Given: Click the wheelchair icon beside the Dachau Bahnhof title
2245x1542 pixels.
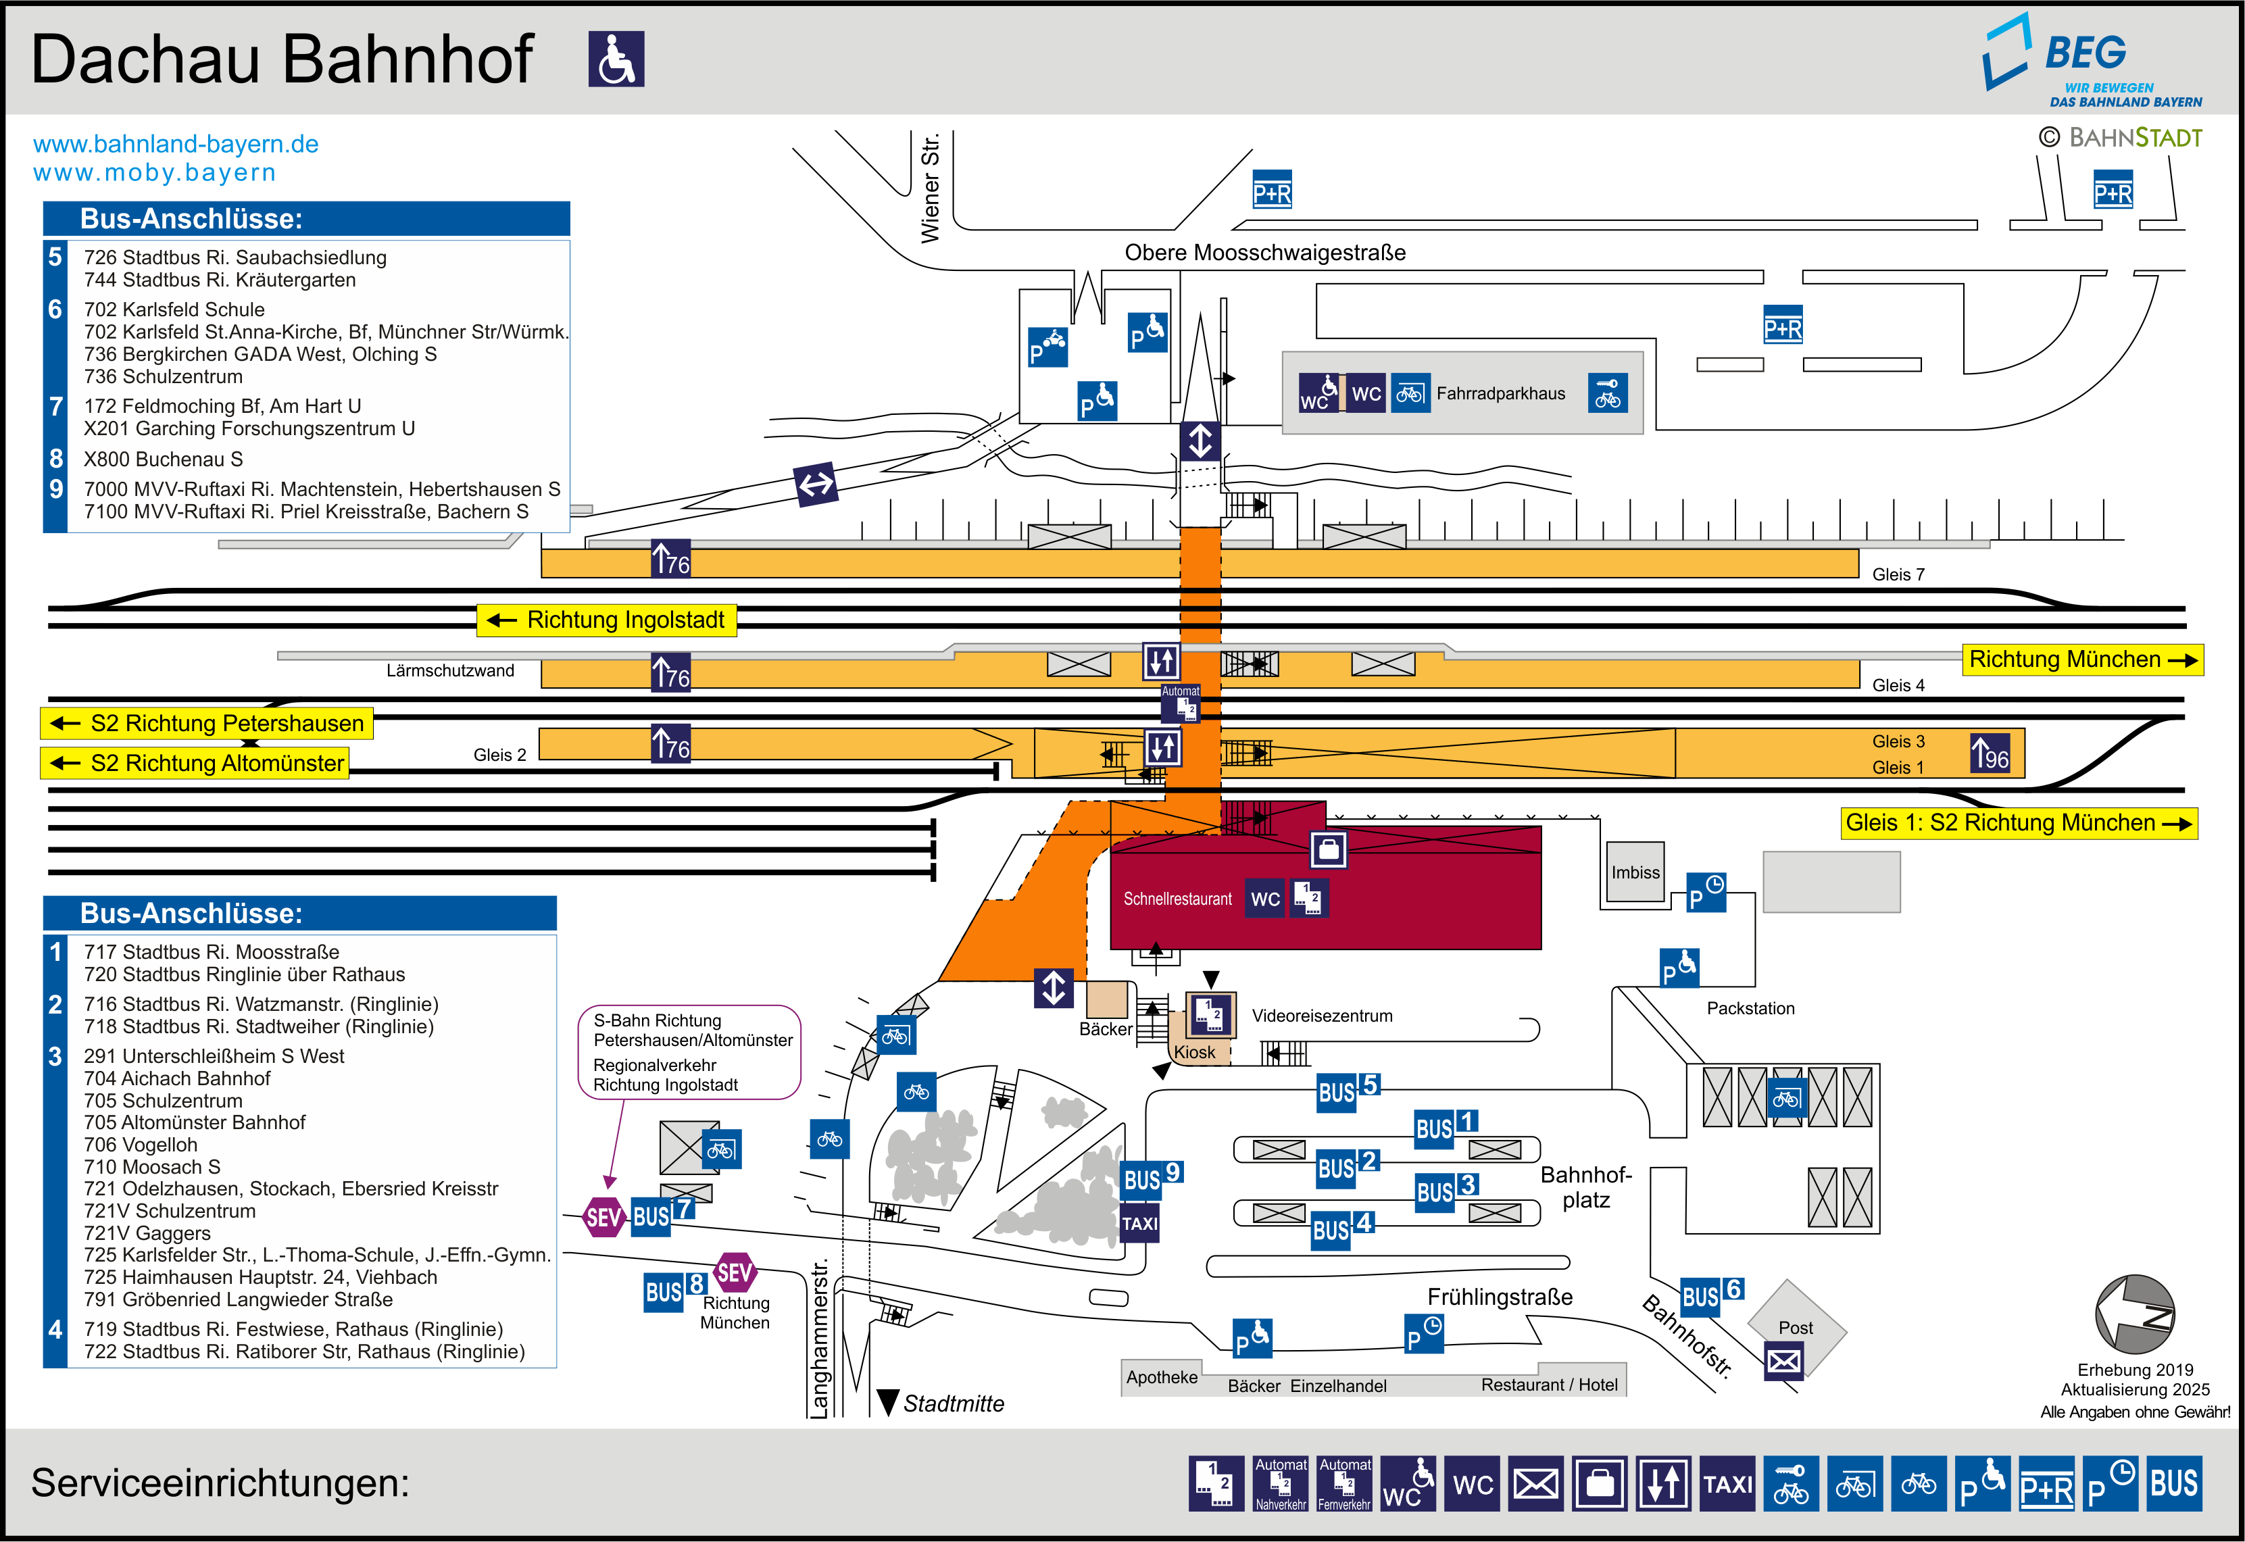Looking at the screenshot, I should click(x=616, y=59).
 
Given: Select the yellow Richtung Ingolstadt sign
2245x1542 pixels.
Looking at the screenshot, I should click(x=607, y=620).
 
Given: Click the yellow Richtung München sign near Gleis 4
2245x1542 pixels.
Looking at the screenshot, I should click(x=2081, y=660).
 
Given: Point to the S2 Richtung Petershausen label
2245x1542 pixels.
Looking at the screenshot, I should click(x=207, y=724).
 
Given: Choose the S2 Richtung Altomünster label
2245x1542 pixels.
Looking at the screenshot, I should click(x=195, y=764).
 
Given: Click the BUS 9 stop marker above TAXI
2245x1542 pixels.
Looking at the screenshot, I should click(x=1152, y=1178).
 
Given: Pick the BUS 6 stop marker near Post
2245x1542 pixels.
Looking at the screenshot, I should click(x=1711, y=1295).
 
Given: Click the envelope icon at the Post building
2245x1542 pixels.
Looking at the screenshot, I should click(x=1783, y=1362).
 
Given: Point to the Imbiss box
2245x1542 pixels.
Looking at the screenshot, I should click(x=1635, y=872).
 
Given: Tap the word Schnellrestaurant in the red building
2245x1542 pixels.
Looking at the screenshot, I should click(x=1177, y=899).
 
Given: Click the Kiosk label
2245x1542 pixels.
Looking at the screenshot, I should click(x=1194, y=1052).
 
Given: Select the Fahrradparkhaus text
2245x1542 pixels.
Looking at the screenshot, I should click(x=1500, y=394).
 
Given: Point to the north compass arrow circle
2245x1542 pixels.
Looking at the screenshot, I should click(x=2135, y=1314).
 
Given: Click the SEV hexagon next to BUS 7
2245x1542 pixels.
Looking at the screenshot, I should click(x=603, y=1218).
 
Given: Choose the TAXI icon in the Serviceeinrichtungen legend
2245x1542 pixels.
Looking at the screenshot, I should click(x=1727, y=1483).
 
